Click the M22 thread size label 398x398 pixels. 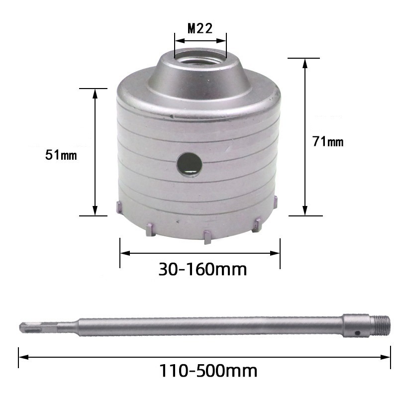200,28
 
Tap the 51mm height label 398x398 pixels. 61,155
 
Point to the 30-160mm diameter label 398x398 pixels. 202,269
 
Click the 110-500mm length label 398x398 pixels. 208,370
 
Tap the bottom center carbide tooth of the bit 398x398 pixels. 205,237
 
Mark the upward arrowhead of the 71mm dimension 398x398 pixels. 304,63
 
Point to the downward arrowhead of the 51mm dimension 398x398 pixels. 94,211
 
